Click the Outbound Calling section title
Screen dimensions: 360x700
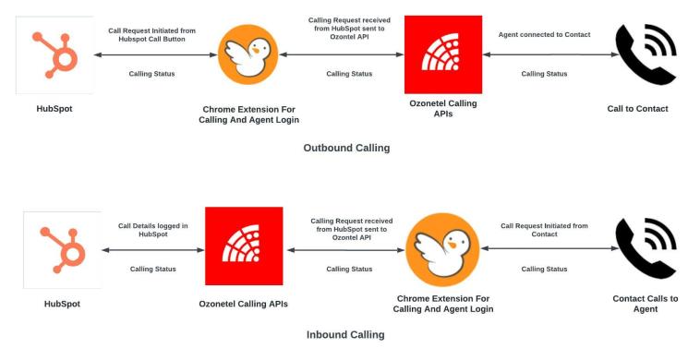[346, 148]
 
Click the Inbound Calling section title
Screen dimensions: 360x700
[346, 335]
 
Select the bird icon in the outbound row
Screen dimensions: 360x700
[248, 55]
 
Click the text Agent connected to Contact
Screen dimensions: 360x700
[544, 34]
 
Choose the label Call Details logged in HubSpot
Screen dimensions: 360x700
[153, 230]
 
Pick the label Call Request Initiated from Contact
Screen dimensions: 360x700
[544, 230]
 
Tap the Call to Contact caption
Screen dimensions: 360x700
[637, 109]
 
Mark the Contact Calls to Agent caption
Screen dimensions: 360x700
[645, 304]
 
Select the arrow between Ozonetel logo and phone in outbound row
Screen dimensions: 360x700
[545, 55]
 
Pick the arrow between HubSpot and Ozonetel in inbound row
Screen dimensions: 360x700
[153, 249]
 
